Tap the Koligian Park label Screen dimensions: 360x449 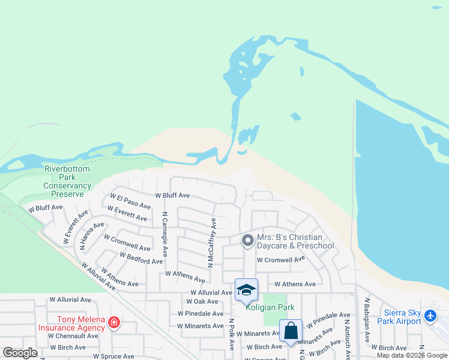[270, 307]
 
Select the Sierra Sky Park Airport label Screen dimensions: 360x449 [399, 317]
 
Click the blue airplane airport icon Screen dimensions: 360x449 [430, 315]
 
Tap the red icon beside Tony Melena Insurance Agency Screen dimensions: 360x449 [114, 324]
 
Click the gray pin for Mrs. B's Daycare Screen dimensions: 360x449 [247, 241]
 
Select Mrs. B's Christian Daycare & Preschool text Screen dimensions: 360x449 [295, 241]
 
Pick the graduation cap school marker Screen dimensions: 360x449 [246, 290]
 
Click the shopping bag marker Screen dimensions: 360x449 [291, 331]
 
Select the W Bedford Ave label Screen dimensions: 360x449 [141, 258]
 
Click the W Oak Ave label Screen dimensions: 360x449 [202, 301]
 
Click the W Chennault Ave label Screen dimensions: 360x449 [74, 336]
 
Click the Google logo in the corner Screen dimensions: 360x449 [20, 353]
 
